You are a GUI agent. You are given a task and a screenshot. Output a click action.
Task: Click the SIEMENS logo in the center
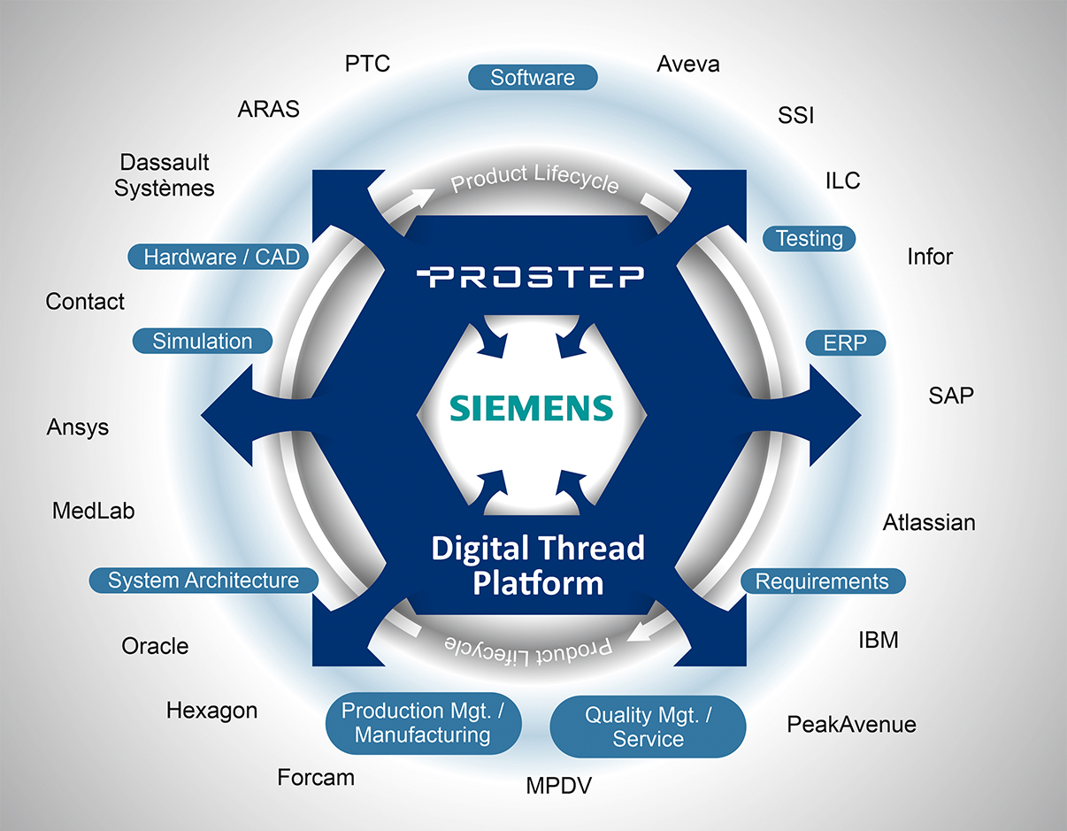(531, 408)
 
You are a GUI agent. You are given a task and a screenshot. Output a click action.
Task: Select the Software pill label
(533, 78)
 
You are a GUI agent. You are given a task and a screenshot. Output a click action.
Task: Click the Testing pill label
(809, 238)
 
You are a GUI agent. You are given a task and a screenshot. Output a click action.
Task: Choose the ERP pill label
(845, 342)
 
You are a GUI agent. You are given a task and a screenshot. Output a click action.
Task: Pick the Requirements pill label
(822, 581)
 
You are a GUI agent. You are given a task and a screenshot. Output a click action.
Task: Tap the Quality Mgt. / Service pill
(648, 727)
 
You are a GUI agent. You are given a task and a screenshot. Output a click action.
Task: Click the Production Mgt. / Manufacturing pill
(422, 722)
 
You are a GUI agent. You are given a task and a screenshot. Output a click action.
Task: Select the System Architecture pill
(203, 581)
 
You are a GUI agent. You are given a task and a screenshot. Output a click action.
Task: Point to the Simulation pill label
(202, 341)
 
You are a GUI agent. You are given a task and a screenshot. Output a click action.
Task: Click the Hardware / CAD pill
(221, 258)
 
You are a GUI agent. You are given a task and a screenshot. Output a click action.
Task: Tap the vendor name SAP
(951, 395)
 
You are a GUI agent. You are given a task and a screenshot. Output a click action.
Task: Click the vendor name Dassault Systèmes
(165, 175)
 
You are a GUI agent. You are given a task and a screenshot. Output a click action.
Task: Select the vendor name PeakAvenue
(851, 725)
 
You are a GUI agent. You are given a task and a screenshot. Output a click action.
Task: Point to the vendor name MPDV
(558, 786)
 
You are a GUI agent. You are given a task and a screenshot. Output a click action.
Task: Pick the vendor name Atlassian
(929, 522)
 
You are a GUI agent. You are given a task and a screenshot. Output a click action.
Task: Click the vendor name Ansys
(78, 427)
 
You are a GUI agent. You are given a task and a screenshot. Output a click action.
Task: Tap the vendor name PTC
(367, 64)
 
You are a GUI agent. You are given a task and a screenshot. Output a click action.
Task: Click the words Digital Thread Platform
(538, 565)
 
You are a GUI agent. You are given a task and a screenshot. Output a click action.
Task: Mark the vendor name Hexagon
(211, 710)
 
